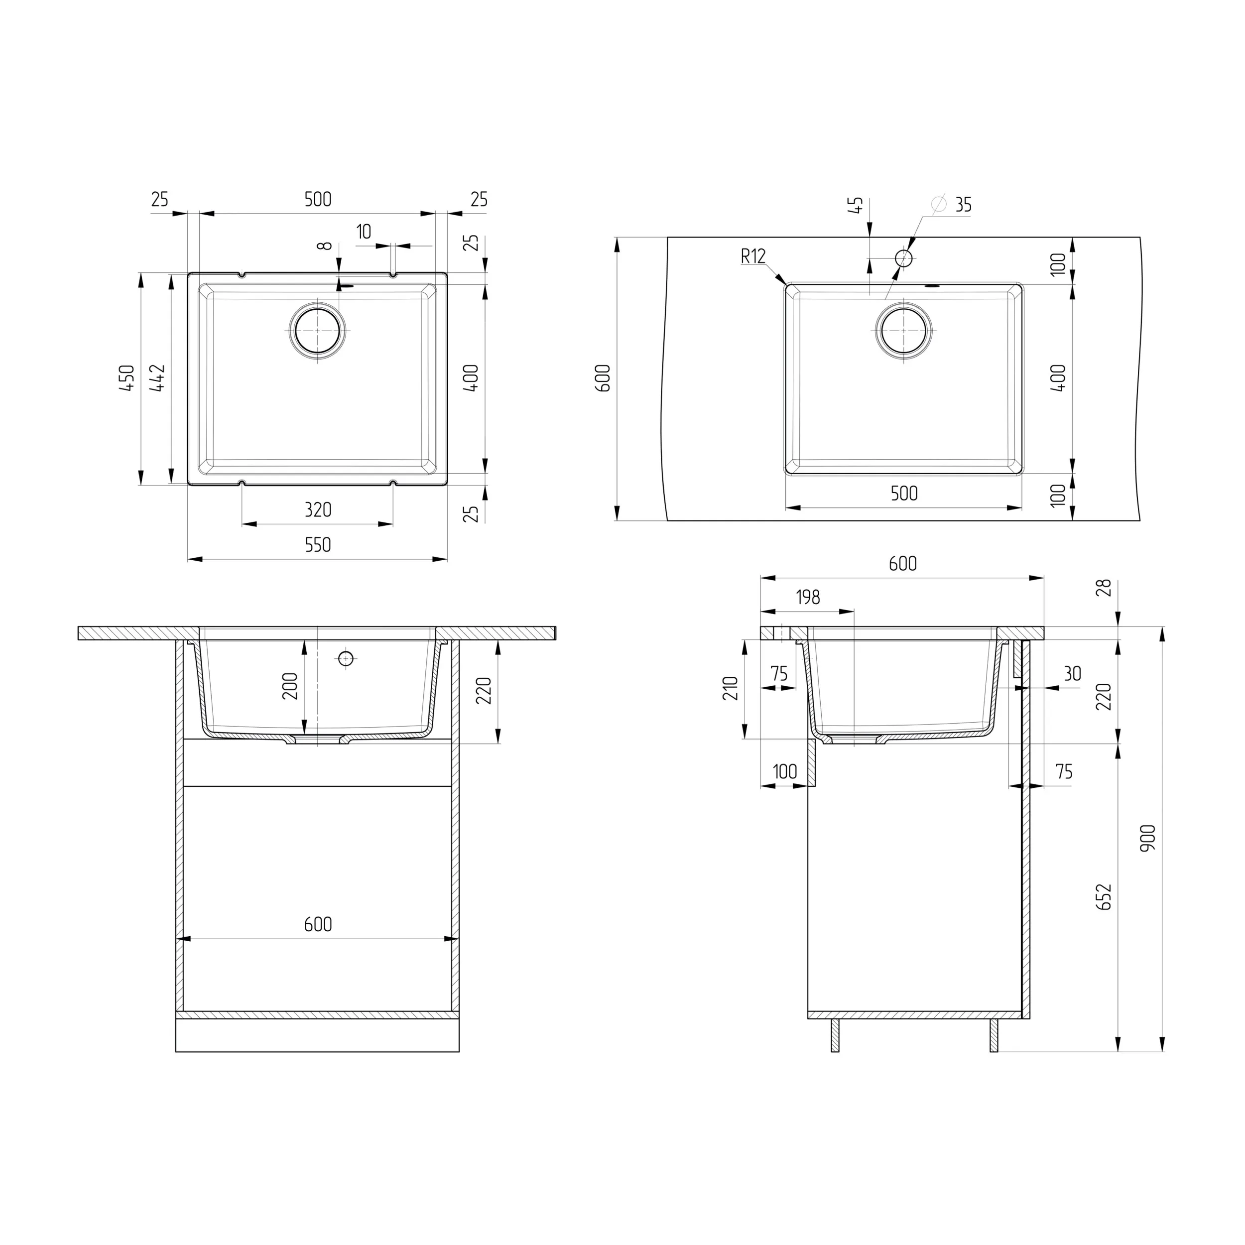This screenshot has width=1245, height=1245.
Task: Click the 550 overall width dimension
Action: click(x=318, y=545)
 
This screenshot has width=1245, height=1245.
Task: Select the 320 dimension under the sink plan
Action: click(x=318, y=510)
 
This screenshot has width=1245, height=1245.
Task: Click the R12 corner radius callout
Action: click(x=752, y=256)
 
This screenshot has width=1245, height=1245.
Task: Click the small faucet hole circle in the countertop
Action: click(x=904, y=258)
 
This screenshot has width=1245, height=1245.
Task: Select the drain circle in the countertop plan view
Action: click(x=903, y=330)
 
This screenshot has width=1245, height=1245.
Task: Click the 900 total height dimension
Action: click(x=1148, y=838)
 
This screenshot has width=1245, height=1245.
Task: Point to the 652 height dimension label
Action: click(x=1105, y=896)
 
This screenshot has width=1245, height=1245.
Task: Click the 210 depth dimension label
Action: click(x=730, y=688)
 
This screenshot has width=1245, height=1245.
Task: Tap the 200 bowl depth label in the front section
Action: click(x=291, y=686)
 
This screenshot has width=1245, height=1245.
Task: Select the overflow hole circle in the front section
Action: click(x=346, y=658)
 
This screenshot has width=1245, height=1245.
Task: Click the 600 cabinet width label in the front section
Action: click(x=318, y=925)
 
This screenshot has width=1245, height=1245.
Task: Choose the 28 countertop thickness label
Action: click(x=1105, y=588)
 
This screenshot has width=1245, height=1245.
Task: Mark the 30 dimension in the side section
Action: click(x=1072, y=674)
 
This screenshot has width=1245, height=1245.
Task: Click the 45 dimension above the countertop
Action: click(x=857, y=205)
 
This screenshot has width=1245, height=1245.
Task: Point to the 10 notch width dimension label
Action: click(x=364, y=232)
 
